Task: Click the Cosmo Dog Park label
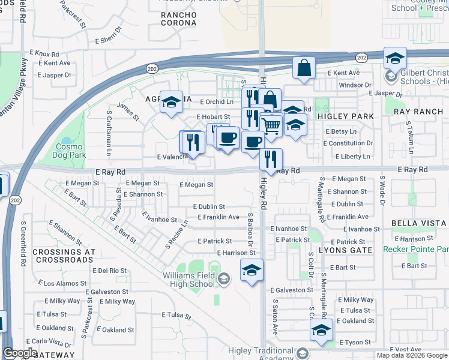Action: (x=70, y=150)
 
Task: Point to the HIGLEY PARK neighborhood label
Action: (x=345, y=116)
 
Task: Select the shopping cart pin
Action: (x=271, y=127)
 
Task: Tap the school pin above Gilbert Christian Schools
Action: (x=396, y=58)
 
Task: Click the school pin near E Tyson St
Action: (x=321, y=331)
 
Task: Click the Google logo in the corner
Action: (x=20, y=353)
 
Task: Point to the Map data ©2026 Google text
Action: (x=411, y=355)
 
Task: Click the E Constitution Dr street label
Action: (x=348, y=143)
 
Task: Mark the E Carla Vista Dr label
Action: (x=54, y=342)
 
